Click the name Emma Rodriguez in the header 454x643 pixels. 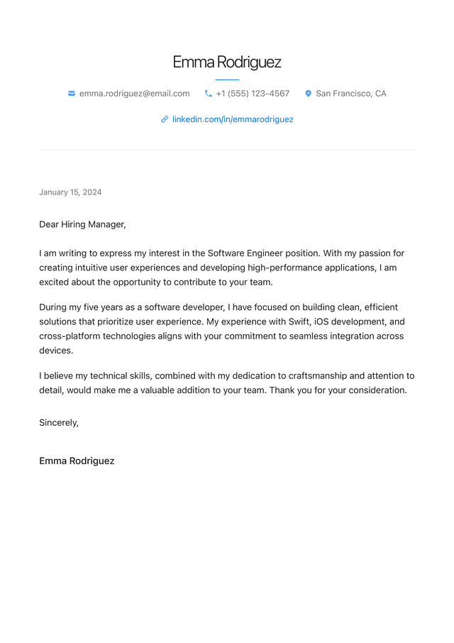coord(227,62)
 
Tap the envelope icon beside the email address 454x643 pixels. coord(72,94)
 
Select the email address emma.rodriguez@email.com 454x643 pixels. coord(134,94)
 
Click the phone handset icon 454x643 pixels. coord(209,94)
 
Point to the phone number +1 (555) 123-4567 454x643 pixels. coord(253,94)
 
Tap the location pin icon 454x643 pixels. coord(309,94)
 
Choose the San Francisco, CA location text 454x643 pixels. coord(351,94)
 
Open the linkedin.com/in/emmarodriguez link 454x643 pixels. coord(233,119)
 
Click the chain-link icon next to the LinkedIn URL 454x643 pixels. coord(165,119)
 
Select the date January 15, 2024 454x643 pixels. coord(70,192)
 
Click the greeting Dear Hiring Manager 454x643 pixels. coord(82,224)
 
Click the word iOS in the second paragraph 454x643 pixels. coord(326,321)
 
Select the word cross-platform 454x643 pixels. coord(70,336)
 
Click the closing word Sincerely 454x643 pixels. coord(58,422)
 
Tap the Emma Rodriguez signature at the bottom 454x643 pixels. coord(77,461)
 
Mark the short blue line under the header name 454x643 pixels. coord(227,79)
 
